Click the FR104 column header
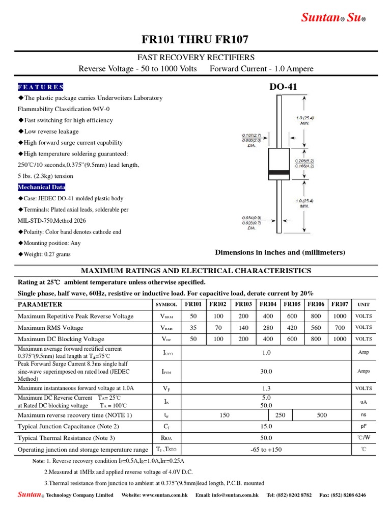268,304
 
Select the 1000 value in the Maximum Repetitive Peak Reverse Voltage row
340,316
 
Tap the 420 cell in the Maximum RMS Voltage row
292,328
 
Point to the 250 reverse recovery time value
280,415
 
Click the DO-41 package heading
283,87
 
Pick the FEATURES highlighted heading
41,87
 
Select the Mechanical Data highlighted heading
42,187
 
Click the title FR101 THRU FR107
195,40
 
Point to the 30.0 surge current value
266,372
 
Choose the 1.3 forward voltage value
266,388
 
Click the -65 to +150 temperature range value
266,450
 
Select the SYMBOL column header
166,305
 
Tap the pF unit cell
364,426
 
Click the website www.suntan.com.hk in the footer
155,495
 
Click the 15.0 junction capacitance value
266,426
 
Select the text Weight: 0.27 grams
46,254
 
